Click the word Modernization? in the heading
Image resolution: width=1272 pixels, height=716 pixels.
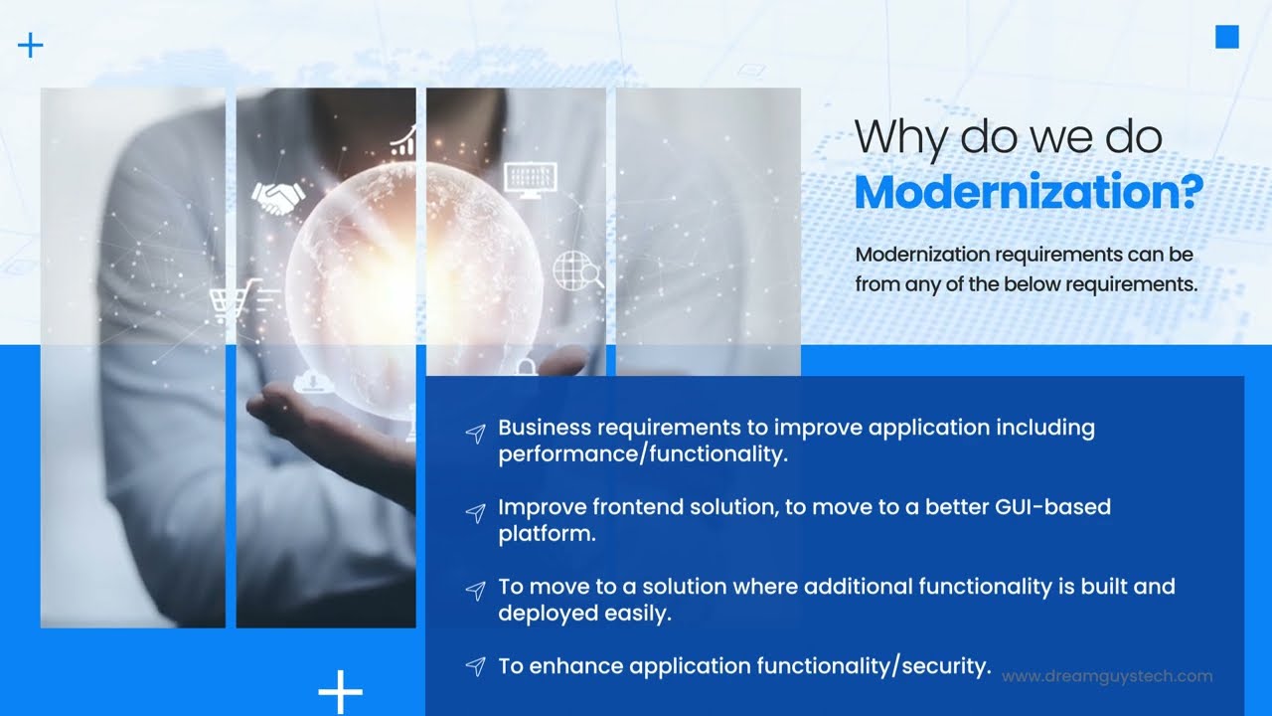(x=1028, y=192)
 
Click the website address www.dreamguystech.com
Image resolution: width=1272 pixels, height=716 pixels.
(x=1107, y=676)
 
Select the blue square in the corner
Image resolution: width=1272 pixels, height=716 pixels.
(x=1227, y=38)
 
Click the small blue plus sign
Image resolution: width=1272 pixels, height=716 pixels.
(x=31, y=45)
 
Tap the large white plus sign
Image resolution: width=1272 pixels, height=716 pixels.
(x=340, y=691)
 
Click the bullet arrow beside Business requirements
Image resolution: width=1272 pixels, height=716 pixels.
(x=476, y=433)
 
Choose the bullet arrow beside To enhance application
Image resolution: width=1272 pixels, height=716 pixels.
(x=476, y=666)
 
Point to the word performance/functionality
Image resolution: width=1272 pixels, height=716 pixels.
(x=642, y=454)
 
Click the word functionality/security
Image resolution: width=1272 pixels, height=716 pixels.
(x=874, y=666)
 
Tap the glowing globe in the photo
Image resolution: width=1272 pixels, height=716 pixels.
(x=412, y=283)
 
